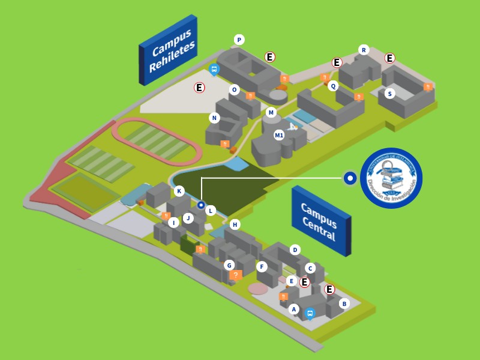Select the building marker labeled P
point(239,40)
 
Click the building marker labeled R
point(363,50)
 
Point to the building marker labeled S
point(390,93)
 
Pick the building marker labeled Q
point(333,86)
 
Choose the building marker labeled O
point(235,90)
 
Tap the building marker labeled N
point(214,118)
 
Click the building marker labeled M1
point(279,135)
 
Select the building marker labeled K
point(179,191)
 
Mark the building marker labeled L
point(211,211)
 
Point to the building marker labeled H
point(235,224)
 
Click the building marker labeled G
point(229,265)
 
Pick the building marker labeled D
point(295,250)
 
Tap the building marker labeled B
point(344,304)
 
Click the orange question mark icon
point(236,275)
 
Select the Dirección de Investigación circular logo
point(391,178)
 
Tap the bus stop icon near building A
point(310,313)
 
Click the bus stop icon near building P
point(214,70)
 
